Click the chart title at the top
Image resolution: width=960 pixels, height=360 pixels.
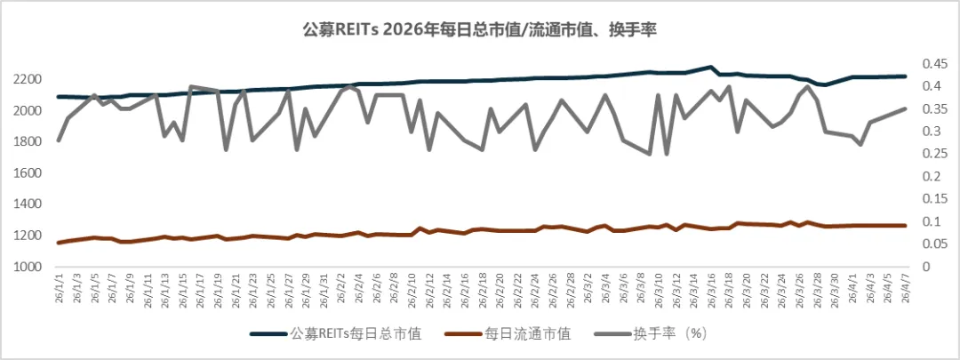pyautogui.click(x=480, y=29)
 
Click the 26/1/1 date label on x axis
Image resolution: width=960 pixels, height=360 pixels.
pyautogui.click(x=60, y=290)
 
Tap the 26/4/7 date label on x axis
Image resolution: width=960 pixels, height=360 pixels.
pyautogui.click(x=905, y=290)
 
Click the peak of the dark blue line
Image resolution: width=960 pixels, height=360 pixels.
pyautogui.click(x=709, y=67)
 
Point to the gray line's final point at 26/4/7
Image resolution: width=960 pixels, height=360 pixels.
pyautogui.click(x=905, y=108)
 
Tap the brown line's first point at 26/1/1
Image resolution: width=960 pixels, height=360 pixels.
pyautogui.click(x=59, y=243)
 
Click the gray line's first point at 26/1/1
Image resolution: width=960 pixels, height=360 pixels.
pyautogui.click(x=59, y=140)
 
